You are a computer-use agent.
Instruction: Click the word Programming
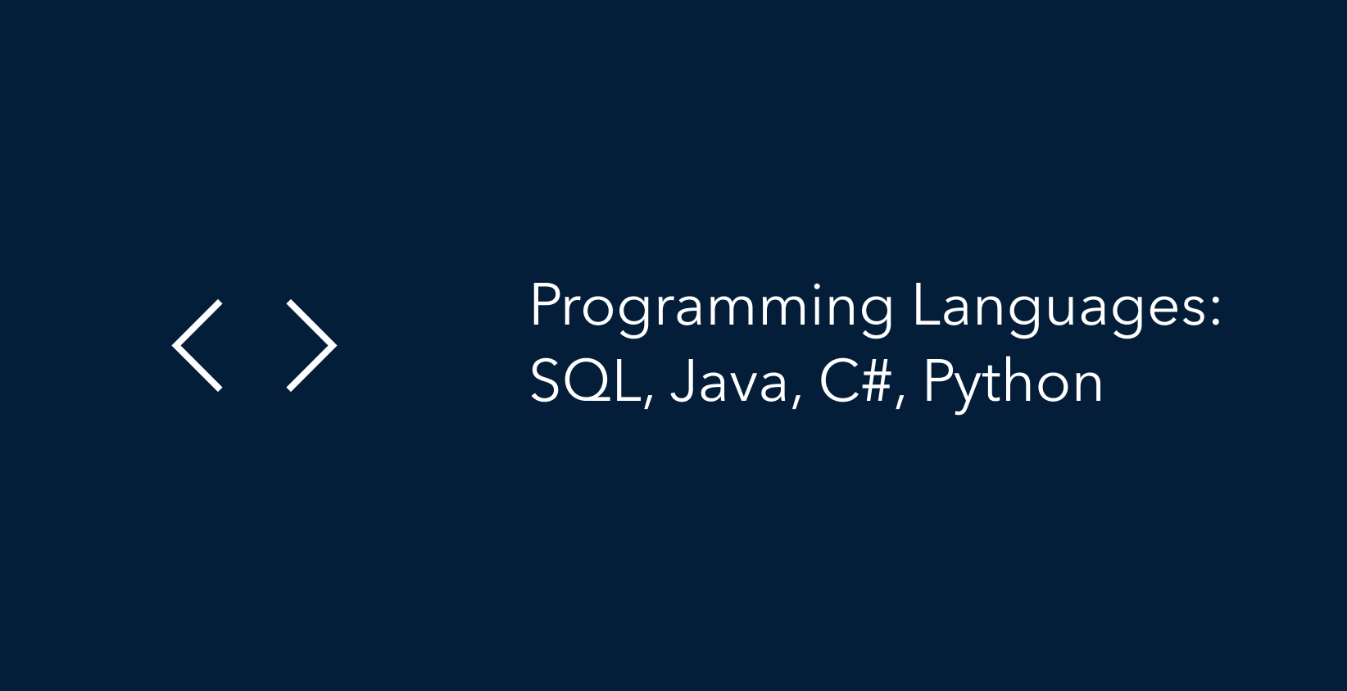click(x=711, y=309)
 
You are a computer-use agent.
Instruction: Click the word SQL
click(x=586, y=383)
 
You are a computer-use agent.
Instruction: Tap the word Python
click(x=1014, y=385)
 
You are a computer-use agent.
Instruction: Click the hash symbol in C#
click(x=875, y=381)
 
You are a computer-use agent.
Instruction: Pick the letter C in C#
click(x=838, y=381)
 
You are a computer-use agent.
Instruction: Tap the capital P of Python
click(x=939, y=381)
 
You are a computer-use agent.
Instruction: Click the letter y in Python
click(x=971, y=392)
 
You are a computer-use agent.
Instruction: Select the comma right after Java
click(x=796, y=401)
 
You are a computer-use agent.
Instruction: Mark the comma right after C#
click(x=900, y=401)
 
